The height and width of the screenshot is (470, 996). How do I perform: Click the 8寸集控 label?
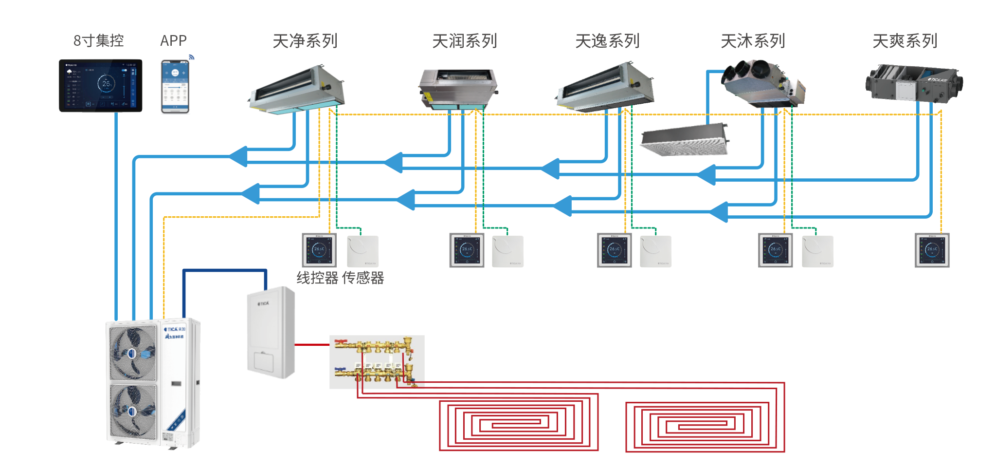click(x=99, y=41)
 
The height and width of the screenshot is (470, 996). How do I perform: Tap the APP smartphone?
click(x=175, y=86)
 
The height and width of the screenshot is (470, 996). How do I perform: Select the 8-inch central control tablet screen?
click(x=101, y=85)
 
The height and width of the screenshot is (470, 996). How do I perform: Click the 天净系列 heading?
click(x=305, y=41)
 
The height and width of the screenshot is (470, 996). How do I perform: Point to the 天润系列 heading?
click(x=465, y=41)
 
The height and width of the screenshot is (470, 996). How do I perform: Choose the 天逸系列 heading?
click(x=607, y=41)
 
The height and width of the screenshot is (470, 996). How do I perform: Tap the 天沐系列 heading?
click(x=753, y=41)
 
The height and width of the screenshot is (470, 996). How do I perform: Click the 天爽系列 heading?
click(x=905, y=41)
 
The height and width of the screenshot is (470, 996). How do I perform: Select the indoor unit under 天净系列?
click(x=297, y=90)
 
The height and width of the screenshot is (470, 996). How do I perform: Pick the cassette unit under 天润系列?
click(x=457, y=89)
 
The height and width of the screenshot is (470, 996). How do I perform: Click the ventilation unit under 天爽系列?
click(x=914, y=83)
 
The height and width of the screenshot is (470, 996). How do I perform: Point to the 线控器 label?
click(x=317, y=278)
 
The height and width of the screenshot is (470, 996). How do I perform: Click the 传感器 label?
click(x=363, y=278)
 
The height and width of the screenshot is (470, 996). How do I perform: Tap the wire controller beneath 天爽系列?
click(x=932, y=250)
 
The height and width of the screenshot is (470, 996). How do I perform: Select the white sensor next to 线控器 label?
click(x=363, y=251)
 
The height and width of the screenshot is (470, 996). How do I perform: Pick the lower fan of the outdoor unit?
click(x=133, y=411)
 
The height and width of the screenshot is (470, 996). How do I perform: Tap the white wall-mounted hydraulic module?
click(x=271, y=332)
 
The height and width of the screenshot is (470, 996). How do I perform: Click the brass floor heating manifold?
click(x=377, y=361)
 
